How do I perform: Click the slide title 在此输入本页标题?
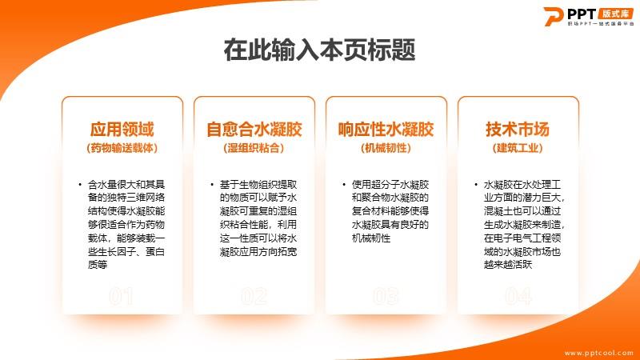(319, 50)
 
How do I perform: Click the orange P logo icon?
(553, 16)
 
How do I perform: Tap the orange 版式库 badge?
(615, 14)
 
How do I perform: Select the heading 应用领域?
(122, 130)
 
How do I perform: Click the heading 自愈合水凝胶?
(254, 130)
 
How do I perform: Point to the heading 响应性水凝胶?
(386, 130)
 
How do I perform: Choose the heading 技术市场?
(518, 130)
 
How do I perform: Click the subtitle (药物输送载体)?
(122, 148)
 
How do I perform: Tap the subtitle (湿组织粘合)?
(254, 148)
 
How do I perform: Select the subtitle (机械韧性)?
(386, 148)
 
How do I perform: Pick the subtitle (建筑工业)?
(518, 148)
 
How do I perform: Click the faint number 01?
(122, 296)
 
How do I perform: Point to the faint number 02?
(254, 296)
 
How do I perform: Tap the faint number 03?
(386, 296)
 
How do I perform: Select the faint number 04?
(518, 296)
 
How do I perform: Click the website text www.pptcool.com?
(598, 353)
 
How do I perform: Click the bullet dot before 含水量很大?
(80, 185)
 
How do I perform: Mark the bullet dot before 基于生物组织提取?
(212, 185)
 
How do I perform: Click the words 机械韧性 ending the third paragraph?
(371, 238)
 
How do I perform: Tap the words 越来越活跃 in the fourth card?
(508, 265)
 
